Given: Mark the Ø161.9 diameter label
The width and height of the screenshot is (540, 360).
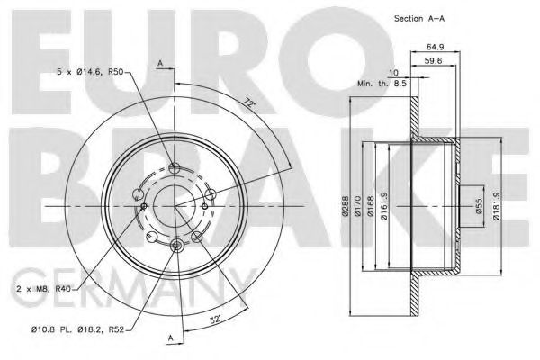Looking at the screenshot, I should pyautogui.click(x=386, y=211).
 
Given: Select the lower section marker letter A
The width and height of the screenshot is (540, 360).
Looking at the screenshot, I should pyautogui.click(x=169, y=337).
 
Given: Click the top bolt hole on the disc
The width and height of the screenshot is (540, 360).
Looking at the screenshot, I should pyautogui.click(x=175, y=167).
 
